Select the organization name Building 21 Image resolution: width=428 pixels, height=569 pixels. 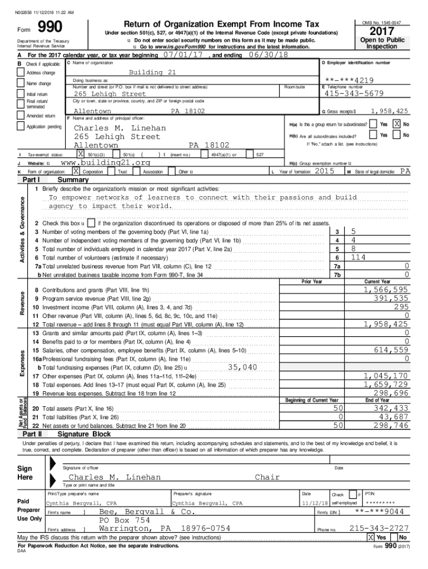pyautogui.click(x=152, y=73)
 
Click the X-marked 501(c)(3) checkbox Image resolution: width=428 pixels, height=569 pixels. pyautogui.click(x=81, y=154)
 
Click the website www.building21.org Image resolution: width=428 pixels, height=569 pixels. pyautogui.click(x=105, y=162)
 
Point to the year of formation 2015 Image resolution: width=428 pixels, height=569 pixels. pyautogui.click(x=324, y=172)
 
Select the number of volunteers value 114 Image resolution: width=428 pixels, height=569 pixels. pyautogui.click(x=358, y=257)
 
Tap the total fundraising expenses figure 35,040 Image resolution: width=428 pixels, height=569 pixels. pyautogui.click(x=242, y=367)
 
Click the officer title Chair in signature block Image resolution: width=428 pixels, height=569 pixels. pyautogui.click(x=267, y=477)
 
